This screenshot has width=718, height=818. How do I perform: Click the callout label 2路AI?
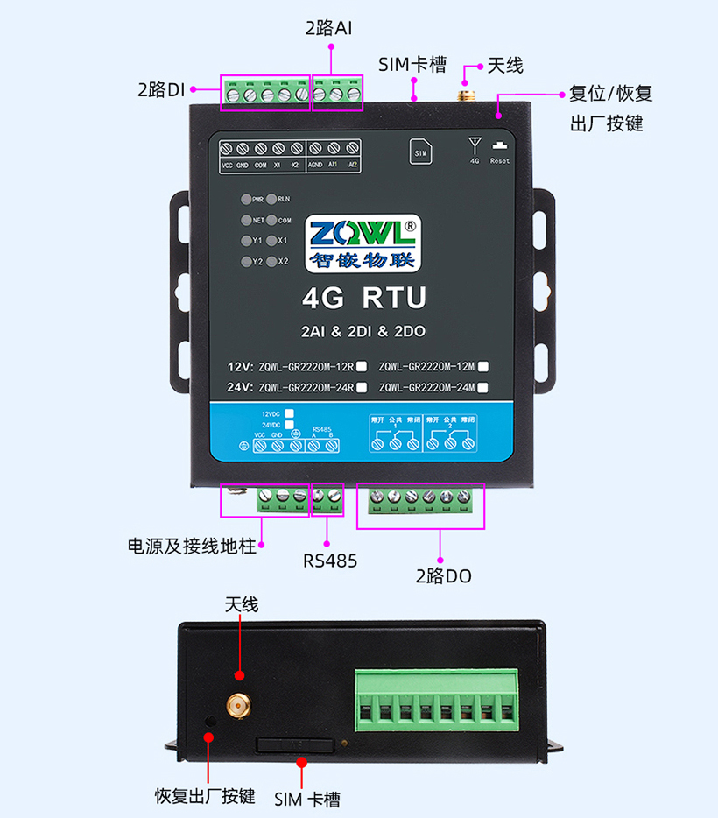click(329, 27)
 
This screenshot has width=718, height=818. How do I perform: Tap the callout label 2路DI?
click(161, 89)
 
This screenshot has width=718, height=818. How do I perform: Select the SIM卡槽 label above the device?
click(412, 65)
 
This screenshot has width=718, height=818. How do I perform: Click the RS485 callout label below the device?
click(330, 561)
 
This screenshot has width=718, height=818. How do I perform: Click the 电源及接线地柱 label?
click(192, 547)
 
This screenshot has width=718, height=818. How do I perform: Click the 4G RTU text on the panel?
click(363, 299)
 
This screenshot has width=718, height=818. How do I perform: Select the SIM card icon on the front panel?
click(420, 152)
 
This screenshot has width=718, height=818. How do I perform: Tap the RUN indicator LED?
click(271, 200)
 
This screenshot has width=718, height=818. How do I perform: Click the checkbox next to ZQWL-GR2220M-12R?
click(361, 367)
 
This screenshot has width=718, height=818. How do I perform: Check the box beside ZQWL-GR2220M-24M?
click(483, 386)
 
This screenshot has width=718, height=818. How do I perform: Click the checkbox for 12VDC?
click(289, 413)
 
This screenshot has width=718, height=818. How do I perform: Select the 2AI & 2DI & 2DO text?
click(363, 332)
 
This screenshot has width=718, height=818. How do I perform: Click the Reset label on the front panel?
click(500, 161)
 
